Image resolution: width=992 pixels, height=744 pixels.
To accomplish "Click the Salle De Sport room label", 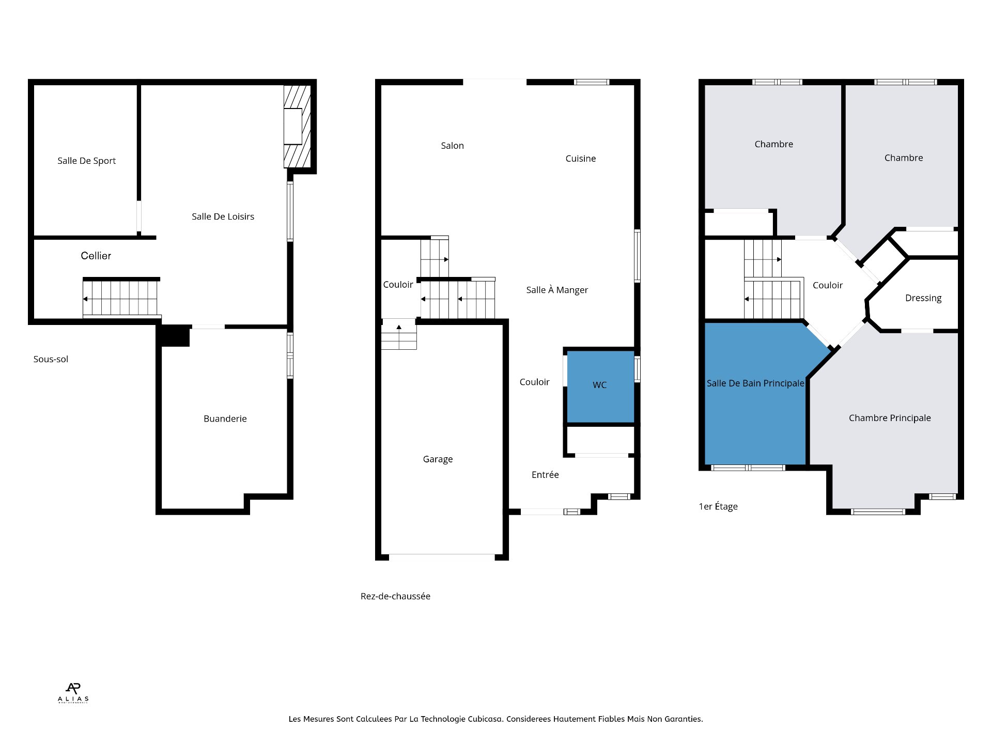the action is coord(86,161).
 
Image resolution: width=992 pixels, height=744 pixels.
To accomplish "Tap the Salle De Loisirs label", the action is coord(223,216).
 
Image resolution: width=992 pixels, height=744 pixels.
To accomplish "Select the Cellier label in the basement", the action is coord(96,256).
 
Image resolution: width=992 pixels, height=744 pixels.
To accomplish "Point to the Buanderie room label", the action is coord(225,419).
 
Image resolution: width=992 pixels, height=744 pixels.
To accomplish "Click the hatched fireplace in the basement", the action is coord(297,127).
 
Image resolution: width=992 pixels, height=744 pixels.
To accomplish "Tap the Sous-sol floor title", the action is coord(51,359).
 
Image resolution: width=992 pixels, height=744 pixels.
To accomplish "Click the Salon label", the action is coord(452,146).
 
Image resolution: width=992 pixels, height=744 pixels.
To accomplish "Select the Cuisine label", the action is coord(580,159).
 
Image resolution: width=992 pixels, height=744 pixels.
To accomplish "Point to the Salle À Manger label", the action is coord(557,290).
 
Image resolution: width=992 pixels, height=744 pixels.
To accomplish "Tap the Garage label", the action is coord(438,459).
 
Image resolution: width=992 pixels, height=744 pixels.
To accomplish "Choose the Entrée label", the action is coord(545,474).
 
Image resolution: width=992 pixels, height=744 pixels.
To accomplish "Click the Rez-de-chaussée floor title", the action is coord(395,596).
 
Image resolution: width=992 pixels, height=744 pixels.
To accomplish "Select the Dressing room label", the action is coord(923,298).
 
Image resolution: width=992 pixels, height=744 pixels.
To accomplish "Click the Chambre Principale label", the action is coord(890,418).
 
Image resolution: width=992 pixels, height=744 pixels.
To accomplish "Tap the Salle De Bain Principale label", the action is coord(755,383).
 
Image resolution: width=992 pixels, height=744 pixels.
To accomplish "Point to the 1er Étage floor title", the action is coord(718,506).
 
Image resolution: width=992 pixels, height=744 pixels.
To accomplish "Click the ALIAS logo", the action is coord(73,693).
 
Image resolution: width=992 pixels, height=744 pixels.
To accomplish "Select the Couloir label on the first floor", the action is coord(827,285).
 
